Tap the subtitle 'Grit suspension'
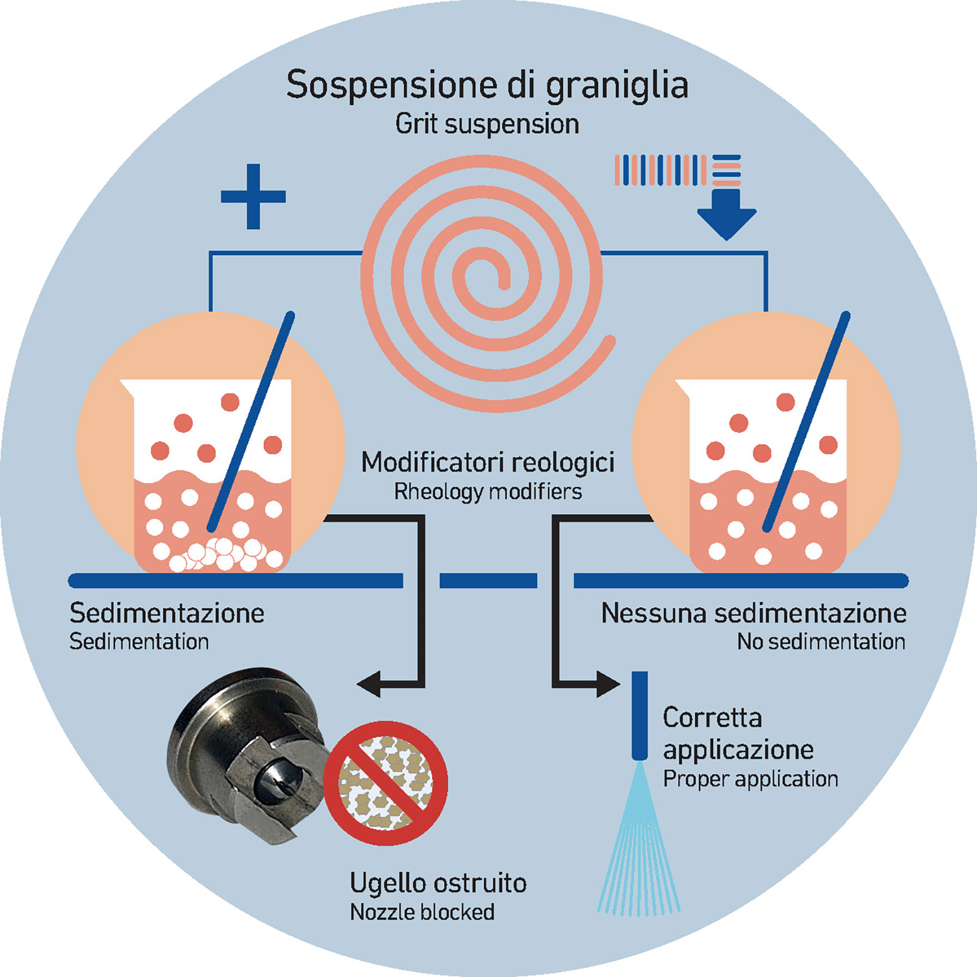(x=487, y=124)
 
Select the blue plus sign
(x=253, y=196)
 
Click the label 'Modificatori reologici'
(x=488, y=462)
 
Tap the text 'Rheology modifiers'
(x=488, y=492)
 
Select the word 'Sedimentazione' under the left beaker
(x=167, y=613)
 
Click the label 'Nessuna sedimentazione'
(x=754, y=613)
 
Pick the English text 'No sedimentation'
(x=821, y=642)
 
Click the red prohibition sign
(x=385, y=782)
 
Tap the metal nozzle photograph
(x=247, y=752)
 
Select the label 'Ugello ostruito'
(x=438, y=883)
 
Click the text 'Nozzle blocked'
(x=422, y=912)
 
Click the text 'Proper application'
(x=750, y=779)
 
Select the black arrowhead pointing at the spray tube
(x=607, y=683)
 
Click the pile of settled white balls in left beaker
(x=221, y=554)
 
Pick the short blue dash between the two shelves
(x=488, y=581)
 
